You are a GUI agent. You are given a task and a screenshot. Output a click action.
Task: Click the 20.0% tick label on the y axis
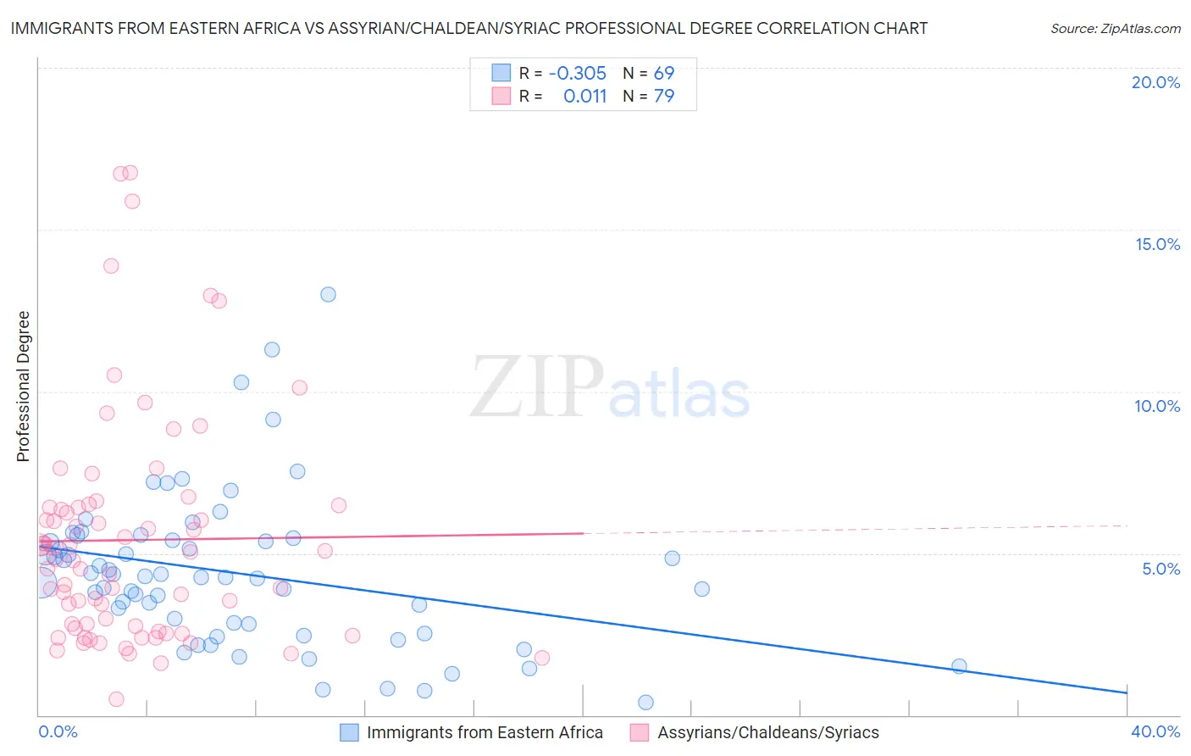[x=1155, y=82]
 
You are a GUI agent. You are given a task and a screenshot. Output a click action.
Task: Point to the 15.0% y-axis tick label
[x=1157, y=244]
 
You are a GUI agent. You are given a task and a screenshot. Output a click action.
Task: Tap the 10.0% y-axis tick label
[x=1157, y=406]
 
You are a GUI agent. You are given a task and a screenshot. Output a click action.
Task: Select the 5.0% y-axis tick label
[x=1161, y=569]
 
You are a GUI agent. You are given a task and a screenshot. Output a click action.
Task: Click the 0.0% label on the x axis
[x=58, y=731]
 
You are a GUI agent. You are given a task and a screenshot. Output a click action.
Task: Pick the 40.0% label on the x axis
[x=1155, y=731]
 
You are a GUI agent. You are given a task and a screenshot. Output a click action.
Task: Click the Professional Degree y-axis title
[x=23, y=386]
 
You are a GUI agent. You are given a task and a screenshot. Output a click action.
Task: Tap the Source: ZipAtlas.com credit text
[x=1115, y=28]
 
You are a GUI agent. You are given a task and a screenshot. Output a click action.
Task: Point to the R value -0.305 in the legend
[x=578, y=73]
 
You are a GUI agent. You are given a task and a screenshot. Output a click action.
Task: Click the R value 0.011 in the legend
[x=584, y=96]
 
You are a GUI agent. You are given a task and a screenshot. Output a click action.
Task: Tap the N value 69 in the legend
[x=664, y=73]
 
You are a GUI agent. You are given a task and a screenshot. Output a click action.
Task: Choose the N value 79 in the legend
[x=664, y=96]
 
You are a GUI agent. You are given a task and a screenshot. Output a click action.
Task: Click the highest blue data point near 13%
[x=328, y=294]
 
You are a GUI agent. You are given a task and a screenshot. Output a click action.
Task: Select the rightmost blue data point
[x=959, y=666]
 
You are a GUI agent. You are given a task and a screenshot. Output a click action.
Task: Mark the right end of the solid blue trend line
[x=1127, y=693]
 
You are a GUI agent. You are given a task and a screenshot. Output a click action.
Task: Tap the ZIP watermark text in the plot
[x=537, y=386]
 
